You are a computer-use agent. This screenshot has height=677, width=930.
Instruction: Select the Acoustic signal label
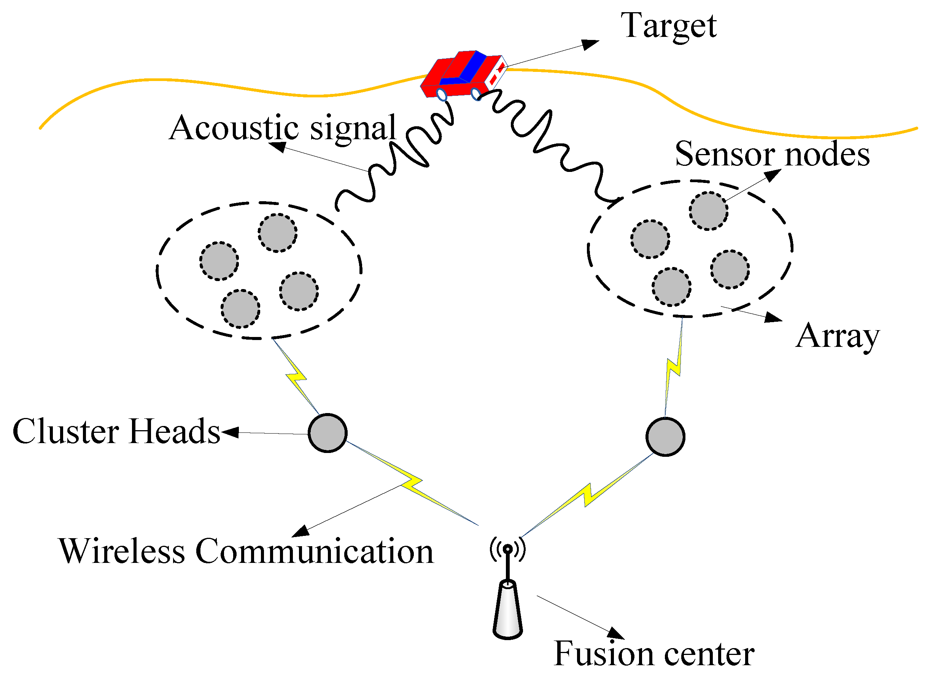[x=283, y=128]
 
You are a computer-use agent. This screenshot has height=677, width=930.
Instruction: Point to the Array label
[x=837, y=336]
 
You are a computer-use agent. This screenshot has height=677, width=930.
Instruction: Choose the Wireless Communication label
[x=246, y=551]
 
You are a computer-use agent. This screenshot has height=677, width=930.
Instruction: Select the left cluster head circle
[x=327, y=433]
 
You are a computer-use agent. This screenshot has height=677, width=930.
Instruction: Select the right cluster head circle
[x=665, y=437]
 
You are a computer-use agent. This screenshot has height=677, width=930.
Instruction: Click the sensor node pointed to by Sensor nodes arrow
[x=708, y=211]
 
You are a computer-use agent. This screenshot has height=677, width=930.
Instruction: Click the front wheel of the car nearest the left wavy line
[x=442, y=95]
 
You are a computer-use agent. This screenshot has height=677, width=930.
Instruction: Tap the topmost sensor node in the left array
[x=278, y=233]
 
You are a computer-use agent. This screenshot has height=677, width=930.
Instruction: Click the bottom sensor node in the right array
[x=672, y=287]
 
